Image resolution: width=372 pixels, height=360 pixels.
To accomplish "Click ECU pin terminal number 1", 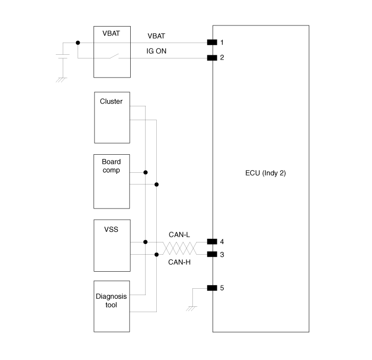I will point(212,43).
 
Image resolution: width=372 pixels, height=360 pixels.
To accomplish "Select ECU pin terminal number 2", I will point(212,57).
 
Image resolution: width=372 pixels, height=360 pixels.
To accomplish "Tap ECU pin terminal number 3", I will point(212,254).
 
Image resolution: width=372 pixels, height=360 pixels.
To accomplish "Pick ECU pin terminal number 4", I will point(212,241).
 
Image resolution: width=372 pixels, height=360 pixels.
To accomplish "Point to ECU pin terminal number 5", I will point(212,288).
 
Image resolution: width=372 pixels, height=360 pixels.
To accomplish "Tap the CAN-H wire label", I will point(179,262).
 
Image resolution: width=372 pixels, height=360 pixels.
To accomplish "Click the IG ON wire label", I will point(156,52).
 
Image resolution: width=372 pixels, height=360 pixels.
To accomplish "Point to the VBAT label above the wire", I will point(156,36).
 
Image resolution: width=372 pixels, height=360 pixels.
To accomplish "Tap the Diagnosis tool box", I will point(112,305).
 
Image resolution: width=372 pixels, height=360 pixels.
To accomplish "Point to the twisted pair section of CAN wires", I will point(179,248).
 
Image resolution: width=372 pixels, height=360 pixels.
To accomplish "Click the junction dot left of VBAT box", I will point(78,43).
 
